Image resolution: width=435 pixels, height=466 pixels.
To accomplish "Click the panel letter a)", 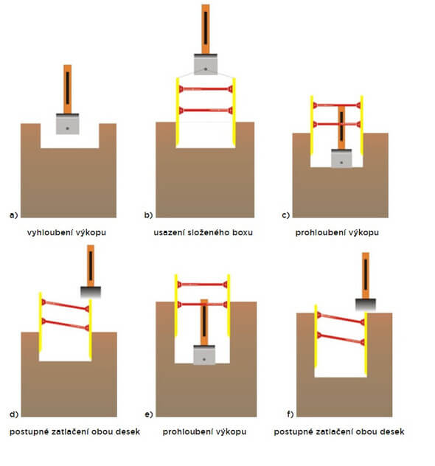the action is pyautogui.click(x=14, y=215).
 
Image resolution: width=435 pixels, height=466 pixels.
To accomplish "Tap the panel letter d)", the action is pyautogui.click(x=14, y=414).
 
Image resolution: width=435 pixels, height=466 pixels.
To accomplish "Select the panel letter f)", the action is pyautogui.click(x=290, y=414).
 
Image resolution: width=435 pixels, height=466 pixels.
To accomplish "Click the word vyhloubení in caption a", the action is pyautogui.click(x=46, y=232).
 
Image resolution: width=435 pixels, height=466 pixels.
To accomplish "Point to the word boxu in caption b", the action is pyautogui.click(x=243, y=232).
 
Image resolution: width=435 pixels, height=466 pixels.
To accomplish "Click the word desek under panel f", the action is pyautogui.click(x=392, y=431).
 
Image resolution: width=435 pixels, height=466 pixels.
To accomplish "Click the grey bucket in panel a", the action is pyautogui.click(x=67, y=124).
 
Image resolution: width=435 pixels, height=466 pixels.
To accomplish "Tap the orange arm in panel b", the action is pyautogui.click(x=206, y=29).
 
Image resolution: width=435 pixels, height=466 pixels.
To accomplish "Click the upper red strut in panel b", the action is pyautogui.click(x=206, y=89).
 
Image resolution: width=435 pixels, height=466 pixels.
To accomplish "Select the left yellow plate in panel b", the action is pyautogui.click(x=178, y=112).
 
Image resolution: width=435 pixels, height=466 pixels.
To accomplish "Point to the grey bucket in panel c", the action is pyautogui.click(x=341, y=159).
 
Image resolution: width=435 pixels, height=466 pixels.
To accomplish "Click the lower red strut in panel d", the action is pyautogui.click(x=66, y=324).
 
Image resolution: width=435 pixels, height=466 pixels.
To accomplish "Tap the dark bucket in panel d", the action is pyautogui.click(x=91, y=292).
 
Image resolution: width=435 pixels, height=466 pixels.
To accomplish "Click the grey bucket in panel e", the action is pyautogui.click(x=204, y=355).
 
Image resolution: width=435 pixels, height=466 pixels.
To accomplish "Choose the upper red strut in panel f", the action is pyautogui.click(x=341, y=319).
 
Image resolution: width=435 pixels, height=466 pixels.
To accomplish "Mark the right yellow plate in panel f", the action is pyautogui.click(x=366, y=344).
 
